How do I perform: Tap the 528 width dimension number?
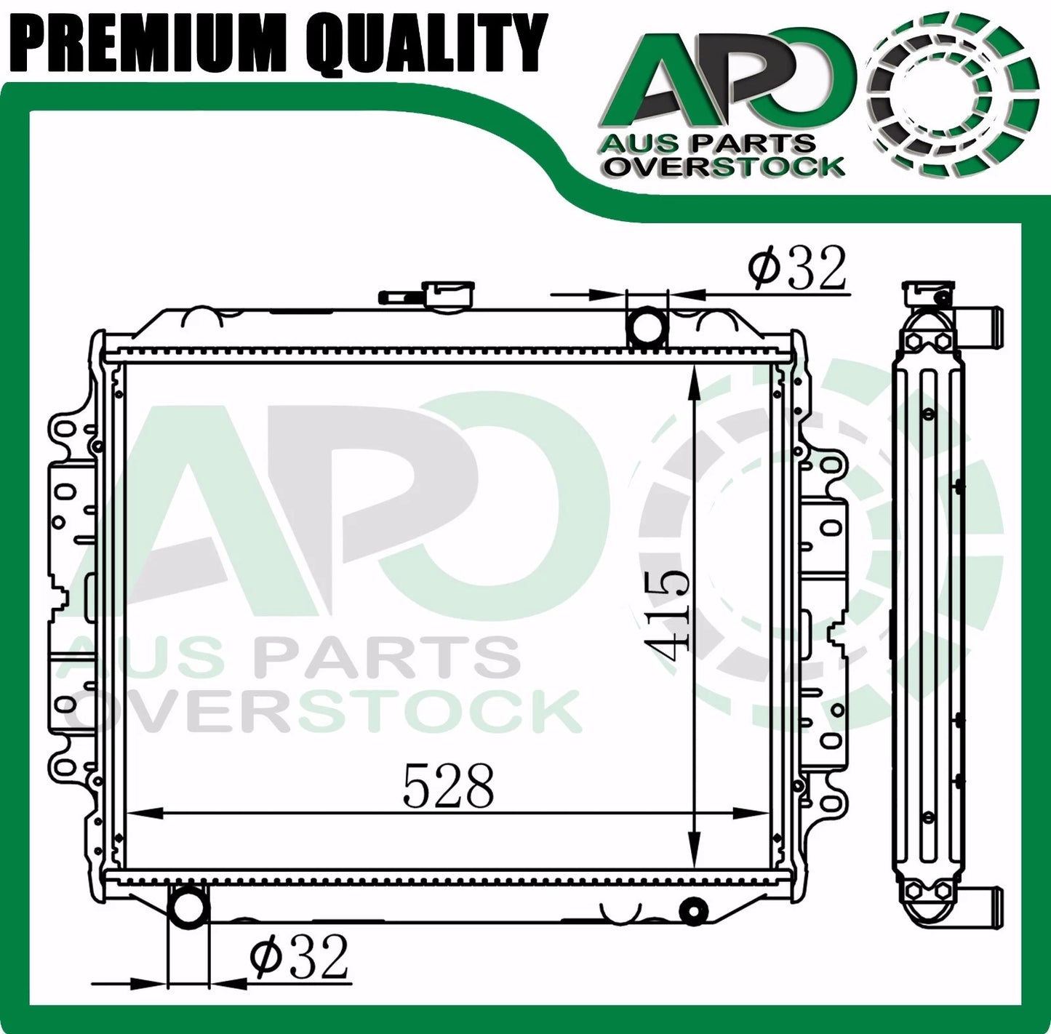[x=448, y=785]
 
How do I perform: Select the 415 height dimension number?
[x=666, y=614]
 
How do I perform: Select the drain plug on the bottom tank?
[x=694, y=909]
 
